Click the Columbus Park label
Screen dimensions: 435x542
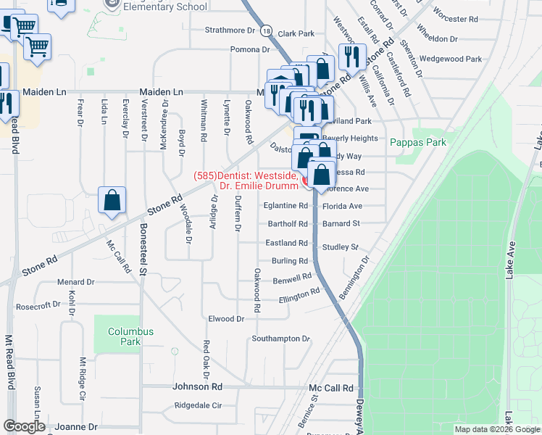click(131, 336)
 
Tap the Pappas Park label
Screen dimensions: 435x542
click(418, 143)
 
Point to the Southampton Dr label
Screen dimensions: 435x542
click(280, 339)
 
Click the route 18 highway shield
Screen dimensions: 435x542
click(267, 31)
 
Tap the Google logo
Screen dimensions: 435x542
click(23, 426)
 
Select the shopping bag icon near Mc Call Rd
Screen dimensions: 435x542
click(112, 202)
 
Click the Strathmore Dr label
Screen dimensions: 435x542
click(231, 30)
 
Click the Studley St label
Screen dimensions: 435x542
click(341, 247)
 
